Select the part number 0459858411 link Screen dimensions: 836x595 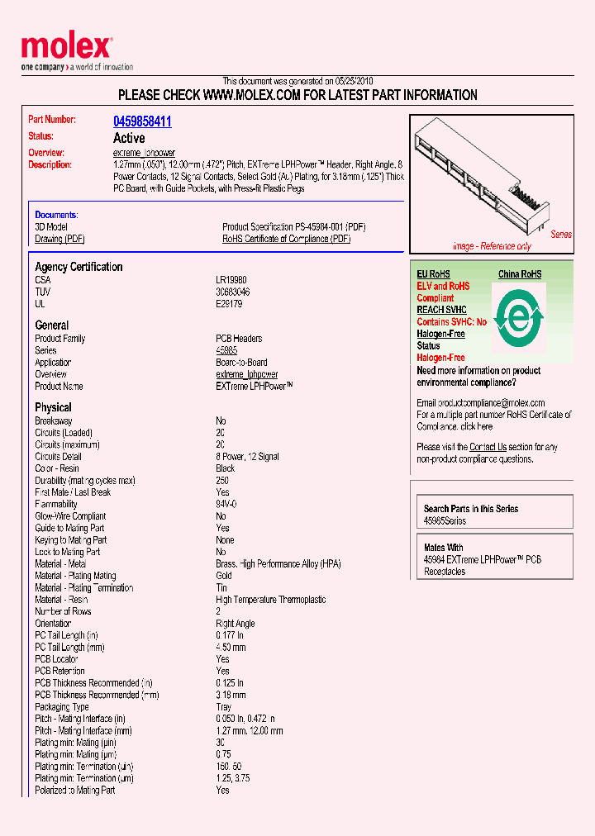coord(142,121)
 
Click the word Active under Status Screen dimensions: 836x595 coord(129,138)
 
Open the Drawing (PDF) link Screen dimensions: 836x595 coord(59,239)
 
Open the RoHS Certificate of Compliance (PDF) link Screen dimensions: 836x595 coord(286,239)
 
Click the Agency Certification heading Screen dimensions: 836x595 coord(79,267)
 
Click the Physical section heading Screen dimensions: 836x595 coord(53,407)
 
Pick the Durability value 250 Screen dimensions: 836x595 coord(222,480)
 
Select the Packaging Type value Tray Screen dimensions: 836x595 coord(225,707)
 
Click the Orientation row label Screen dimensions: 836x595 coord(53,624)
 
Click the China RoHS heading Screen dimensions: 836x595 coord(520,274)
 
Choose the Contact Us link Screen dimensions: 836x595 coord(488,447)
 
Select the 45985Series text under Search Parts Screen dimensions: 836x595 coord(445,521)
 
